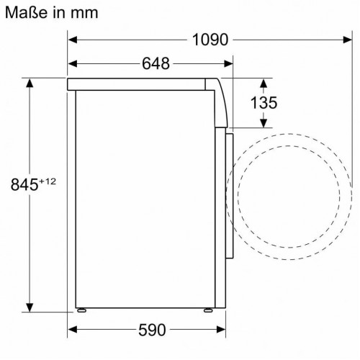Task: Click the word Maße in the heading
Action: [x=27, y=12]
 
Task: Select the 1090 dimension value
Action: [x=209, y=40]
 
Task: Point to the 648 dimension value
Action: [x=155, y=64]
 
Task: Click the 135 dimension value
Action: [x=264, y=103]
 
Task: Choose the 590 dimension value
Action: [x=152, y=330]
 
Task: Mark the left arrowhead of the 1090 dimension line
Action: [x=73, y=40]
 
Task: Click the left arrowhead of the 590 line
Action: [x=73, y=330]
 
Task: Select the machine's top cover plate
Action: [x=144, y=84]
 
